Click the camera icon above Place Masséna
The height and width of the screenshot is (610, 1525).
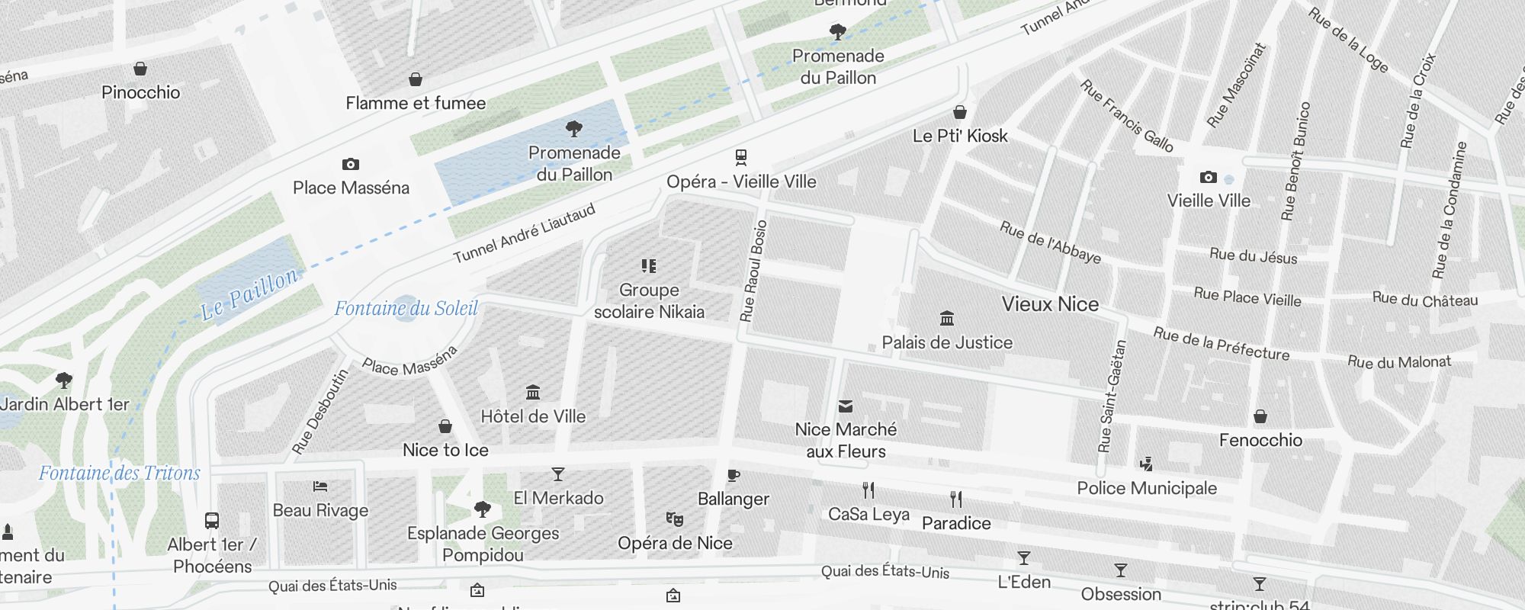(x=351, y=164)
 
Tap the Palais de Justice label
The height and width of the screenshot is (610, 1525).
(x=947, y=342)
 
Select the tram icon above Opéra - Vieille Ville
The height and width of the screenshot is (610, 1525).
(x=741, y=157)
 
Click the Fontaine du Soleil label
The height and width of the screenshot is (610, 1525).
(x=406, y=308)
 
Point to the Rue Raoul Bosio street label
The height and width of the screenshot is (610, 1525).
(x=753, y=271)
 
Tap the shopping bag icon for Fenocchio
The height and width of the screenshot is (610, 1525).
(x=1260, y=416)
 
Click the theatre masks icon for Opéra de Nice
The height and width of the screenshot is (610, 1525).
(x=674, y=519)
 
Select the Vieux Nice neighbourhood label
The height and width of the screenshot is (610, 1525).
(x=1050, y=303)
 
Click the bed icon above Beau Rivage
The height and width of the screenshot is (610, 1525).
(x=320, y=486)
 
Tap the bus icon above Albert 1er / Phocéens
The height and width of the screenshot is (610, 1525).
(x=212, y=521)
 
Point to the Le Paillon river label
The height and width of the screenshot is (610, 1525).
(x=249, y=294)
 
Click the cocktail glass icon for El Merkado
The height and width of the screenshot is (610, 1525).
(x=558, y=474)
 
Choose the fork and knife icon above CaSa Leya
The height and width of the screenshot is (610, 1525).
(x=868, y=490)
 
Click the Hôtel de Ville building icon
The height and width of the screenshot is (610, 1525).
(x=533, y=393)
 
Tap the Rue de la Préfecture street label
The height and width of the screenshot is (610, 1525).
(x=1221, y=344)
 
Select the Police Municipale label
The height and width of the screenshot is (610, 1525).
(x=1147, y=488)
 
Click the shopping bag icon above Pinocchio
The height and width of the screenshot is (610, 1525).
(x=140, y=69)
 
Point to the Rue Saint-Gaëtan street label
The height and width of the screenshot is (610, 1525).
(x=1112, y=396)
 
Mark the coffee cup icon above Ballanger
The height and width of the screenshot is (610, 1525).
(x=734, y=476)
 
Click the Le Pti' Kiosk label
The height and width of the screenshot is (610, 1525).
(x=960, y=136)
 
